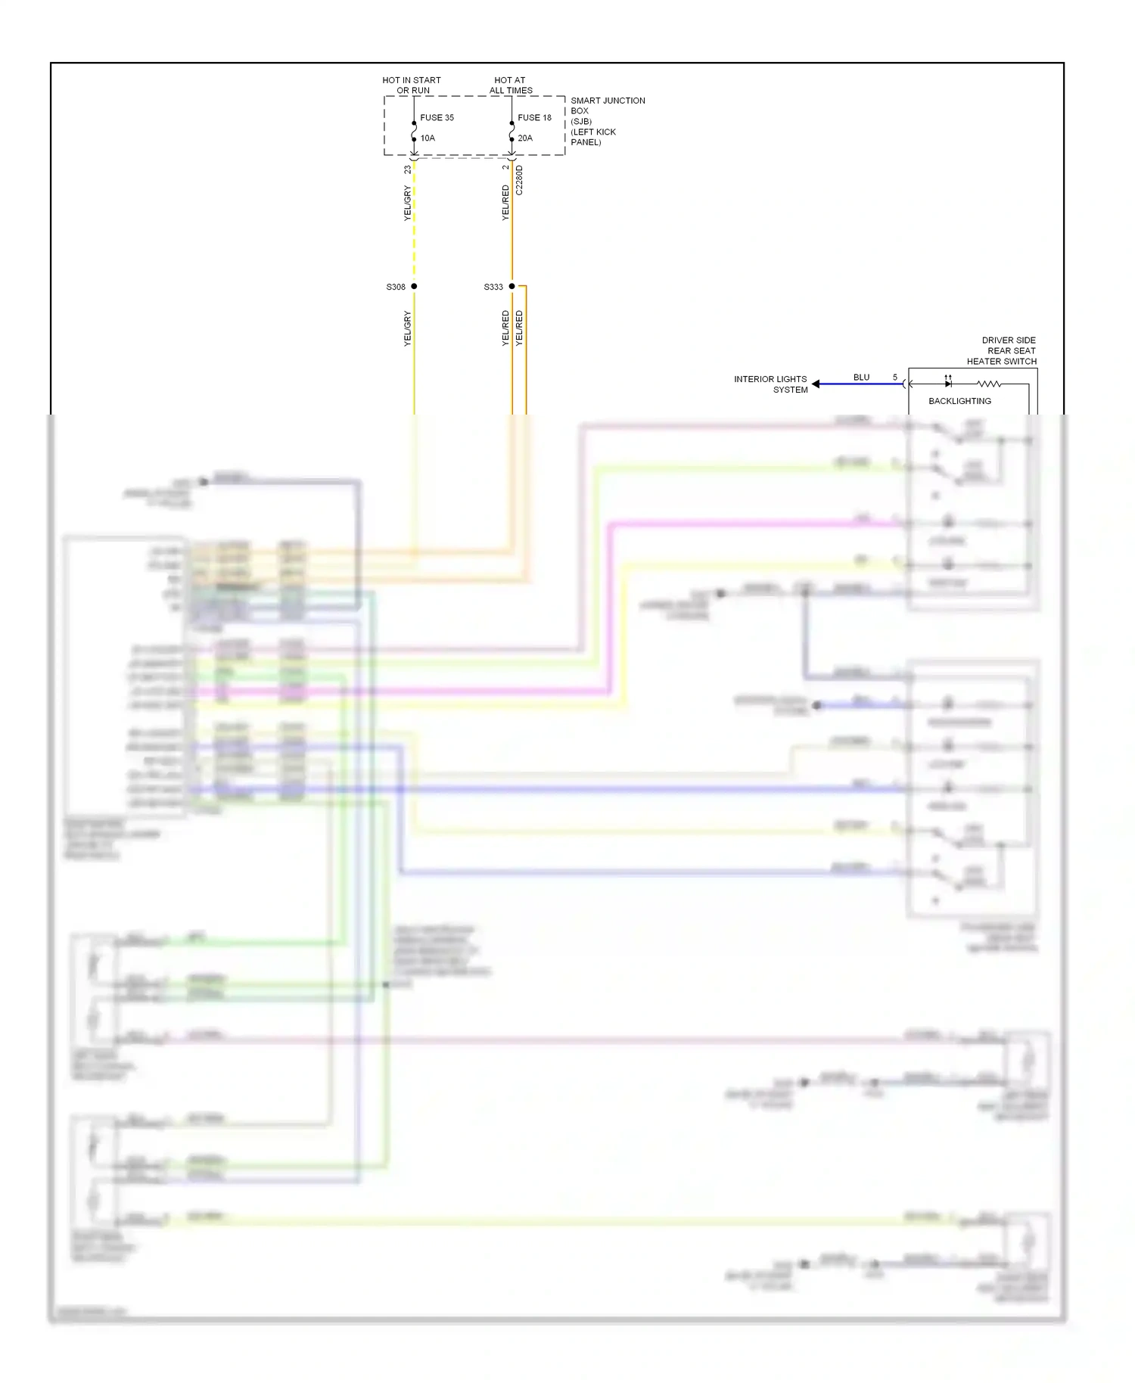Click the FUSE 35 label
tap(437, 118)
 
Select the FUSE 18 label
tap(534, 118)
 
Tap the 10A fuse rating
tap(428, 138)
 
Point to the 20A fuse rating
tap(525, 138)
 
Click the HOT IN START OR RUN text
tap(412, 85)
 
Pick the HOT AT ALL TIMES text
tap(511, 85)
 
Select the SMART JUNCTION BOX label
tap(607, 121)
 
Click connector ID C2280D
tap(520, 181)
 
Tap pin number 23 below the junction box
tap(408, 169)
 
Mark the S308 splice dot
tap(414, 287)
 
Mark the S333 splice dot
tap(512, 287)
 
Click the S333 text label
tap(493, 287)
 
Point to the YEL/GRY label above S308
tap(408, 204)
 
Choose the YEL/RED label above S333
tap(505, 203)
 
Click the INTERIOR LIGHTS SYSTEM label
tap(770, 384)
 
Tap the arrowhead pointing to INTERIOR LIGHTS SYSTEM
tap(816, 384)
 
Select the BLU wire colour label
tap(861, 378)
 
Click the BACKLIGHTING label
tap(959, 402)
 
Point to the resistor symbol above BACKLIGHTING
tap(989, 384)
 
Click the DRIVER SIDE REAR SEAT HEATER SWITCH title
tap(1002, 351)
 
